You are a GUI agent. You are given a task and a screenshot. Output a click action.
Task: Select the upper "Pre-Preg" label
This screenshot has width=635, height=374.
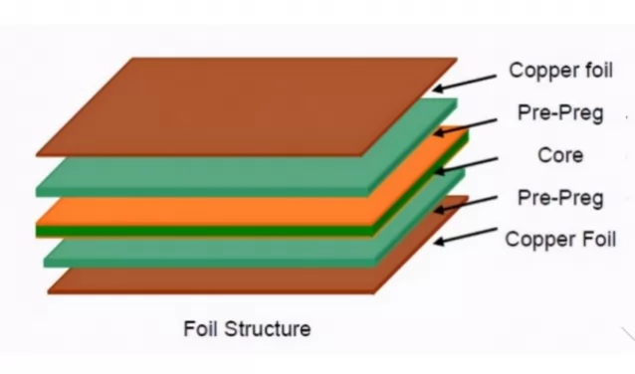pyautogui.click(x=560, y=112)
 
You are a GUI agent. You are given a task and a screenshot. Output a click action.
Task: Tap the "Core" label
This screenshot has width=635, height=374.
pyautogui.click(x=559, y=155)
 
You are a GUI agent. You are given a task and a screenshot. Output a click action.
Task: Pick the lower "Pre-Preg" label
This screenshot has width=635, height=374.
pyautogui.click(x=560, y=198)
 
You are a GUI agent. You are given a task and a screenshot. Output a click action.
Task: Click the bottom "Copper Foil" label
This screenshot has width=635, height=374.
pyautogui.click(x=560, y=239)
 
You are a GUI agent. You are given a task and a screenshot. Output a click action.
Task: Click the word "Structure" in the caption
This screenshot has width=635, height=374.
pyautogui.click(x=266, y=328)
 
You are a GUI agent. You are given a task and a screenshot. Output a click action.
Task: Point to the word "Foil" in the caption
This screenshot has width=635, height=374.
pyautogui.click(x=201, y=328)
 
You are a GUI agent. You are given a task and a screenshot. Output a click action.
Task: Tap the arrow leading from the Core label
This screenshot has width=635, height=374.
pyautogui.click(x=474, y=162)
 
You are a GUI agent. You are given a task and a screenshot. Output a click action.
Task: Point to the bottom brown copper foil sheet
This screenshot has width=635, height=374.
pyautogui.click(x=199, y=280)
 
